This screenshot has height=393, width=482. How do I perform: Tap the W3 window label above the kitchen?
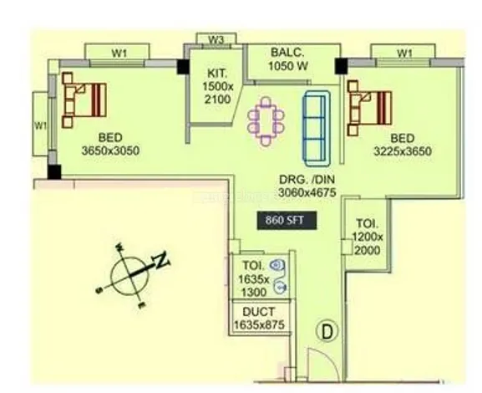(x=216, y=39)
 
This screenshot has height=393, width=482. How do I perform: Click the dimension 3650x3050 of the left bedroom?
(x=110, y=151)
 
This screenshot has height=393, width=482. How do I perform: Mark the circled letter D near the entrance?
(x=327, y=331)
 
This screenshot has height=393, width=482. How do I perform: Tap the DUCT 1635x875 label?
(x=258, y=317)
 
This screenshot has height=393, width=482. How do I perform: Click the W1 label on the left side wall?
(x=39, y=125)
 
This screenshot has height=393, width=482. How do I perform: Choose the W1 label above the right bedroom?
(x=405, y=53)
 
